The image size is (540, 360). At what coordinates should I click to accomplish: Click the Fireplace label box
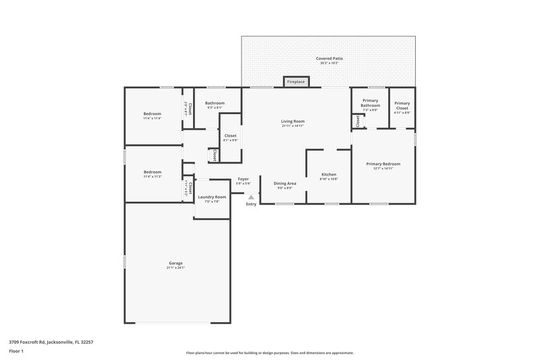point(296,82)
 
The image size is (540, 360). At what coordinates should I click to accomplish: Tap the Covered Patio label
point(329,59)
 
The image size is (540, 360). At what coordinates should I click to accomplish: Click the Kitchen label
point(328,174)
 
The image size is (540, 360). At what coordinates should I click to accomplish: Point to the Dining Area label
point(284,183)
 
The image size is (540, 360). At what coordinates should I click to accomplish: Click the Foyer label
point(243,179)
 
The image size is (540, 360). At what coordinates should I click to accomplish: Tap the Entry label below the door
point(251,204)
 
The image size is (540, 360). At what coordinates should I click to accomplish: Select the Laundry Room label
point(211,197)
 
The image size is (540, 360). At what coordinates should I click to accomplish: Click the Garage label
point(175,263)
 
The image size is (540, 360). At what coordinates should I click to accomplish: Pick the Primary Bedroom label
point(383,164)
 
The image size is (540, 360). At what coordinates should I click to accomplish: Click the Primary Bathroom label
point(370,103)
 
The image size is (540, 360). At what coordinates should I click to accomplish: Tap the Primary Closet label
point(402,105)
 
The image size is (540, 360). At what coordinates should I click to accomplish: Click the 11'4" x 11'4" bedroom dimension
point(152,118)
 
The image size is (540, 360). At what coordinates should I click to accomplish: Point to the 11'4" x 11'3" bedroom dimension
point(152,176)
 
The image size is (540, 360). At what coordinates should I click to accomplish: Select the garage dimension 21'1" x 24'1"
point(175,267)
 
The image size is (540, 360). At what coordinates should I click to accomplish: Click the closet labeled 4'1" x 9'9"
point(230,140)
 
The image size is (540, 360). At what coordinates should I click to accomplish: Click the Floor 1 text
point(16,352)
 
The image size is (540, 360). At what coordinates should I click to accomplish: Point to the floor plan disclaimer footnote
point(269,353)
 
